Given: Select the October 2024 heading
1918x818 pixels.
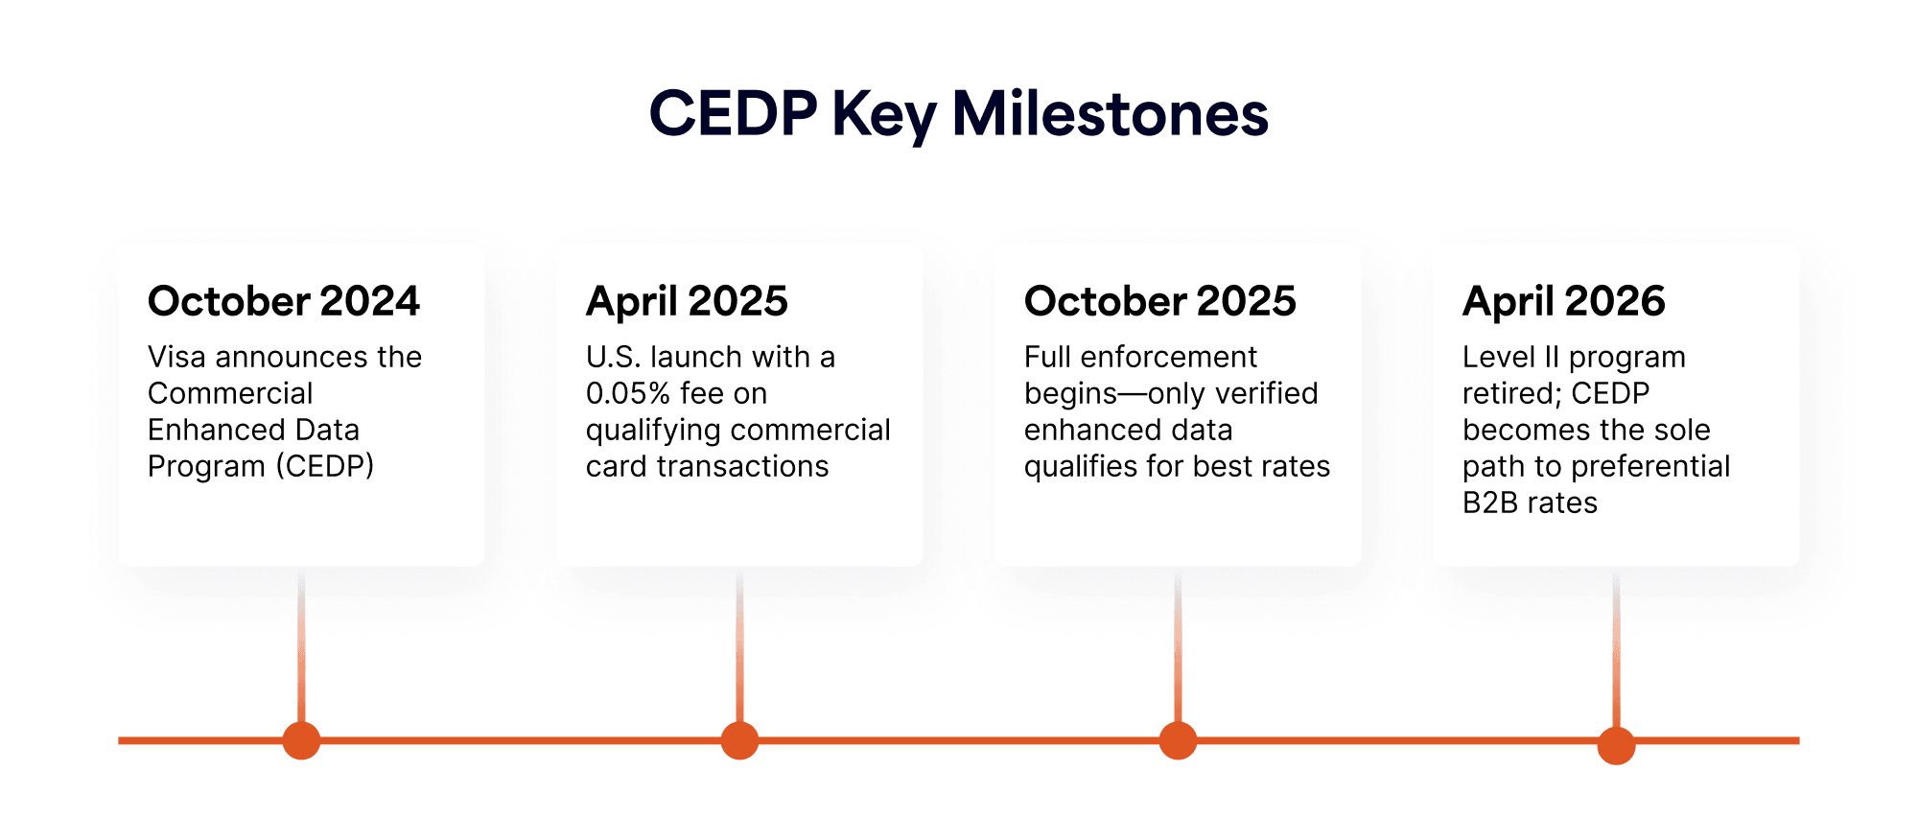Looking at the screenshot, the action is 284,301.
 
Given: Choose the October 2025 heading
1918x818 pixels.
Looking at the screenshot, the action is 1160,301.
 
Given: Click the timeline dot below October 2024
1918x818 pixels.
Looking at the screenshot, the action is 301,740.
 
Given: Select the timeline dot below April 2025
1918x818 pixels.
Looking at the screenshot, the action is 739,740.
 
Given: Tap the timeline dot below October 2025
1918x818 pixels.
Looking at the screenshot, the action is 1178,740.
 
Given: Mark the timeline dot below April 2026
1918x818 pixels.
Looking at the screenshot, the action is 1616,745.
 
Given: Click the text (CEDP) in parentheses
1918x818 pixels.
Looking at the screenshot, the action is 325,466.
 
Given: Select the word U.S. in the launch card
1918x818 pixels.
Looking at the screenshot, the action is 614,357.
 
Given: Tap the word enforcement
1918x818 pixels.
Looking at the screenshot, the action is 1168,357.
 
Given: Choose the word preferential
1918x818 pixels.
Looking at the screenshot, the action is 1650,467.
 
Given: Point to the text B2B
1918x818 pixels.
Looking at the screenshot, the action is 1491,502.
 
